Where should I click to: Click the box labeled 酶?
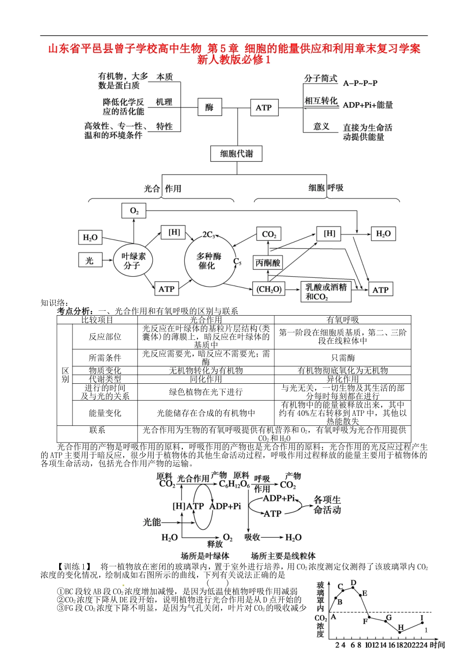click(x=209, y=107)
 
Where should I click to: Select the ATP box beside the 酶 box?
click(x=264, y=108)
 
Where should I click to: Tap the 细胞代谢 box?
click(x=236, y=153)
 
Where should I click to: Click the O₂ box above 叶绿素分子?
click(x=134, y=211)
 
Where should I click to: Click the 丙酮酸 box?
click(x=268, y=263)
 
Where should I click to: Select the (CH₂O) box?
click(x=269, y=290)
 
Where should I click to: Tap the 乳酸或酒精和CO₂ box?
click(x=326, y=292)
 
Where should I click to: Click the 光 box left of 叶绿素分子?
click(x=90, y=260)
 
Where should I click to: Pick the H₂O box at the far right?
click(x=383, y=234)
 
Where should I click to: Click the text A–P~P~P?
click(x=360, y=83)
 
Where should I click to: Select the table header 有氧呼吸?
click(x=342, y=320)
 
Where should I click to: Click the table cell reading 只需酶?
click(x=342, y=358)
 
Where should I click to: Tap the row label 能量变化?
click(x=104, y=413)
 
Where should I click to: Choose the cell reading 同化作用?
click(x=206, y=379)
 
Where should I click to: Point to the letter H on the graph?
click(x=401, y=627)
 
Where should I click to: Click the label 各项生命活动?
click(x=328, y=505)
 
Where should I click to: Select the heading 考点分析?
click(x=74, y=311)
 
